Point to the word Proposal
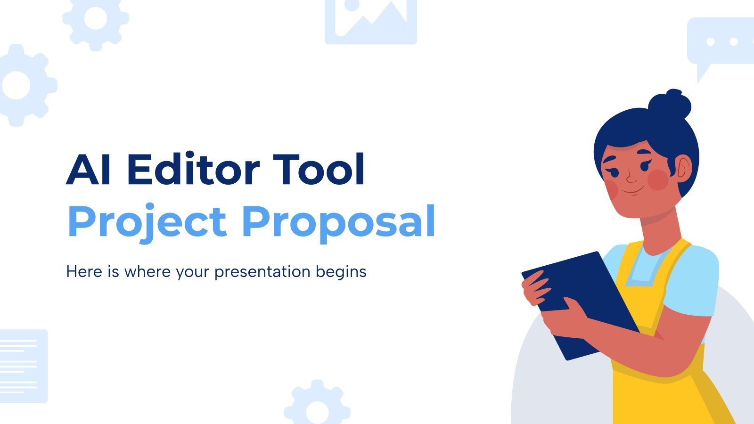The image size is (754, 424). [x=338, y=221]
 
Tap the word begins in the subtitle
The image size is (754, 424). [x=341, y=272]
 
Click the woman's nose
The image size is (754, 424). [x=631, y=178]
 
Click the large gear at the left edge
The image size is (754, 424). [x=21, y=85]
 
